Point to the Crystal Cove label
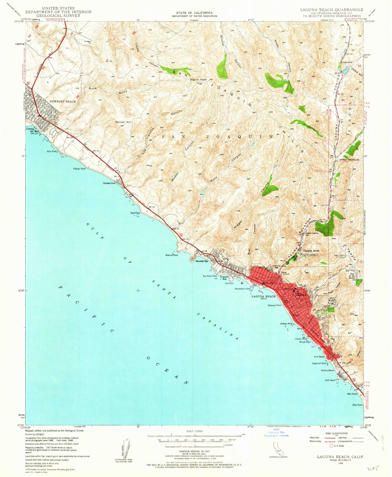(109, 183)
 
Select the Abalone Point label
(171, 255)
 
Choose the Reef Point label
(135, 213)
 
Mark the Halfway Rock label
(286, 324)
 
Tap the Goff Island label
(330, 380)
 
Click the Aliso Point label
(357, 405)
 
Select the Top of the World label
(352, 276)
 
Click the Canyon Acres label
(311, 251)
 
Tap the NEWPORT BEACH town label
(62, 101)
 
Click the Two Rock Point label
(210, 276)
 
